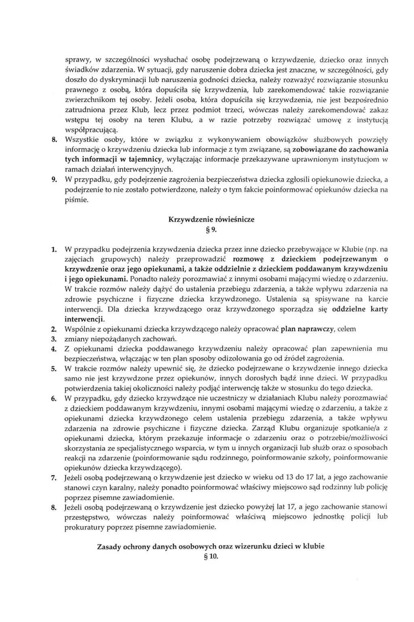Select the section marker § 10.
pos(211,556)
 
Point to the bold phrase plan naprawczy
pos(307,329)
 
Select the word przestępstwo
pos(86,517)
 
